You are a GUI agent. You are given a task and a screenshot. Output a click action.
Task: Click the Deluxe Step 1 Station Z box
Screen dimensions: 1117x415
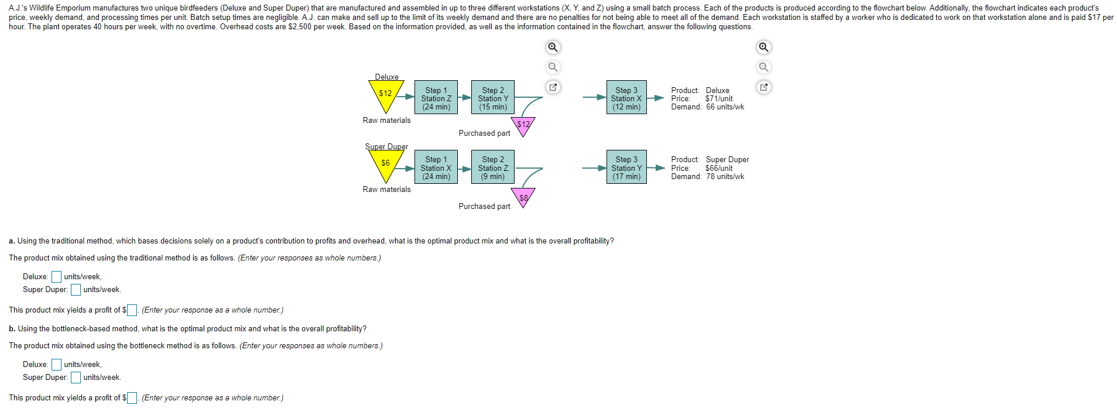436,97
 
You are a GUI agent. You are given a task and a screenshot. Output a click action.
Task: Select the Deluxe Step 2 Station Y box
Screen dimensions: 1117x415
493,97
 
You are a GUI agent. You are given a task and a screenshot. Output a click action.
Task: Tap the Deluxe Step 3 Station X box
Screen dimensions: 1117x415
626,97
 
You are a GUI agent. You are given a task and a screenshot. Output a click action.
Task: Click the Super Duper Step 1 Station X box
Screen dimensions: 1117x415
436,167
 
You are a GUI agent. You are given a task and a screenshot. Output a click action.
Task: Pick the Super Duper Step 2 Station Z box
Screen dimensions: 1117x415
493,167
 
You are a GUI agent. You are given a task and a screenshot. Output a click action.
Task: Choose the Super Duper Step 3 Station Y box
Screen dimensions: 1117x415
626,167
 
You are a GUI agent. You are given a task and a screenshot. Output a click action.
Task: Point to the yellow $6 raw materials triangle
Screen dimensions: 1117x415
386,164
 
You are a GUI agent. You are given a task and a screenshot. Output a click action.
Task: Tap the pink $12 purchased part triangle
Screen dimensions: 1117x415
523,126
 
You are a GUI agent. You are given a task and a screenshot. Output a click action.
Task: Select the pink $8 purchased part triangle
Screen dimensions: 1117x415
523,197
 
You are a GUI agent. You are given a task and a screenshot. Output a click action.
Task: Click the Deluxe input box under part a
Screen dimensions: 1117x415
56,276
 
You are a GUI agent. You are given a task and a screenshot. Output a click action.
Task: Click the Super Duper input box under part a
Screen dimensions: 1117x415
76,289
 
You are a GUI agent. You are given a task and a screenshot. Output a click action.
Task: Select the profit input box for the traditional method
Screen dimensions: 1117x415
132,310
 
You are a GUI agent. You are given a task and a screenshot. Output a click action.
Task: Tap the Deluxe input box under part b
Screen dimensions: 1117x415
56,364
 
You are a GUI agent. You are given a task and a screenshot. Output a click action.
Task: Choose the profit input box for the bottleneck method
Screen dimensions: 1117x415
132,397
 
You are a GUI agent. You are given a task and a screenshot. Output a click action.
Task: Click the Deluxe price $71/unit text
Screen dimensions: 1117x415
719,98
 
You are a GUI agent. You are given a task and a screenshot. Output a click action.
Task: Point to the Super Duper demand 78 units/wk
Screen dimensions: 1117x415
725,176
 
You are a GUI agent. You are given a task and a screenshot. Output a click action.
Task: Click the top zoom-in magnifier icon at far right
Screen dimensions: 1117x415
763,47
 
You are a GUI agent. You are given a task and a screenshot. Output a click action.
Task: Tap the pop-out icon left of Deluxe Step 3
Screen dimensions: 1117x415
553,87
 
